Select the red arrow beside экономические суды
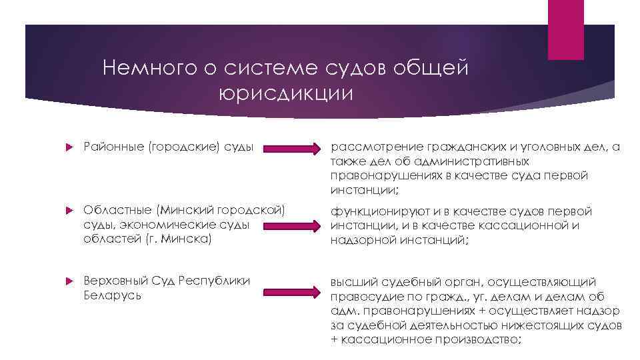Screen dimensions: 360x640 point(292,227)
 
